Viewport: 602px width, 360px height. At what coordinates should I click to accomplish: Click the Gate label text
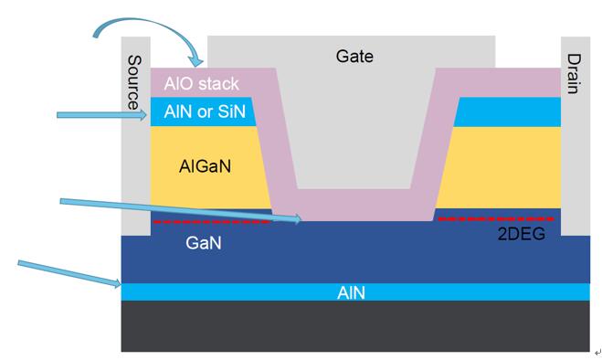point(354,56)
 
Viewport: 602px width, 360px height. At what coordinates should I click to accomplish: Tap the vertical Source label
point(134,82)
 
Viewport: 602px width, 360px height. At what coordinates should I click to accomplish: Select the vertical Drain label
point(574,74)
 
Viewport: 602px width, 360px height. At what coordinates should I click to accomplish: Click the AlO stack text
point(201,83)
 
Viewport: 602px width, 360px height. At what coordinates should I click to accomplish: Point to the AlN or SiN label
point(205,111)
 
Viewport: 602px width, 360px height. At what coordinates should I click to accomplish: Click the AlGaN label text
point(205,166)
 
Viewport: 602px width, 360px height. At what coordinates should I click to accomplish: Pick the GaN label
point(203,243)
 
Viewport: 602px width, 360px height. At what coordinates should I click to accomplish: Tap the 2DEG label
point(521,234)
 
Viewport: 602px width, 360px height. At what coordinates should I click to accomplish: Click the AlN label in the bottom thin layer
point(351,293)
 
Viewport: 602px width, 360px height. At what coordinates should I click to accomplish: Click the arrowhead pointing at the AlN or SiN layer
point(143,114)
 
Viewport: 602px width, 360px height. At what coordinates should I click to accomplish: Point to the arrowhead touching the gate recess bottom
point(297,219)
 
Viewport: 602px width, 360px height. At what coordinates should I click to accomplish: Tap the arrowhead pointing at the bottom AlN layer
point(117,283)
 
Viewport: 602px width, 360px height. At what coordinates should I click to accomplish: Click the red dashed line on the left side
point(212,222)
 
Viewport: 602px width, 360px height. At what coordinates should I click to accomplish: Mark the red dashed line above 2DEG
point(496,219)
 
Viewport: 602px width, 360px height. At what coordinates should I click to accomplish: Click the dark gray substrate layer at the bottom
point(355,326)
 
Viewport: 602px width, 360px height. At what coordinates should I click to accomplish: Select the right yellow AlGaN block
point(499,167)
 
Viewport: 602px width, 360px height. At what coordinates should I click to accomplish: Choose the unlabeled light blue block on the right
point(508,111)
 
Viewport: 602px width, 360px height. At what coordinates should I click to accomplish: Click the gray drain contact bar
point(576,136)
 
